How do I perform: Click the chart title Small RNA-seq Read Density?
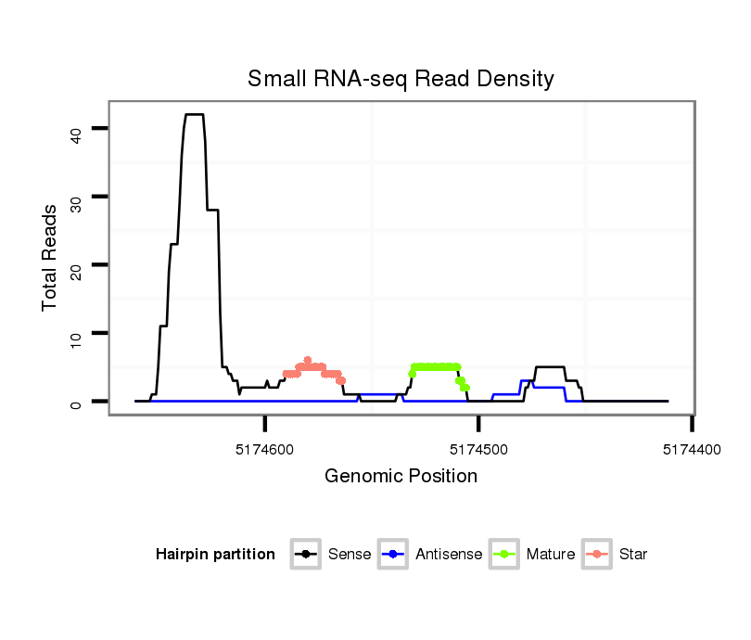pyautogui.click(x=401, y=79)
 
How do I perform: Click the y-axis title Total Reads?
pyautogui.click(x=50, y=257)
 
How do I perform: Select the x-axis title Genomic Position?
pyautogui.click(x=401, y=477)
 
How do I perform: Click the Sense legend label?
pyautogui.click(x=350, y=555)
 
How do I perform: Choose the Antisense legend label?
pyautogui.click(x=448, y=555)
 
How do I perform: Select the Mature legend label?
pyautogui.click(x=551, y=555)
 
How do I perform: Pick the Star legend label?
pyautogui.click(x=634, y=555)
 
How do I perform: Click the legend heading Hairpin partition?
pyautogui.click(x=215, y=555)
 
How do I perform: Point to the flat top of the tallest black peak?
pyautogui.click(x=194, y=114)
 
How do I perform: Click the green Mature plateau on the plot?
pyautogui.click(x=436, y=366)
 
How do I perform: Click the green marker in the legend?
pyautogui.click(x=503, y=555)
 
